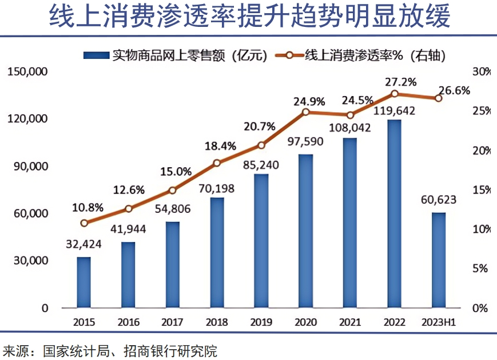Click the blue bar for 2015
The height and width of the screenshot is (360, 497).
pyautogui.click(x=84, y=283)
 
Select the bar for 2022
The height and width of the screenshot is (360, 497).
pyautogui.click(x=393, y=214)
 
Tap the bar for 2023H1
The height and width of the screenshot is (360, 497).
pyautogui.click(x=438, y=260)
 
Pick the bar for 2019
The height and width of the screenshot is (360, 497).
pyautogui.click(x=261, y=241)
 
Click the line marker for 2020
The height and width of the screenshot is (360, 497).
pyautogui.click(x=306, y=112)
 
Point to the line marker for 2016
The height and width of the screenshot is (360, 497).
pyautogui.click(x=129, y=209)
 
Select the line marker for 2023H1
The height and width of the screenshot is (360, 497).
pyautogui.click(x=438, y=98)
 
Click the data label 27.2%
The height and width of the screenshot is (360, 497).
pyautogui.click(x=394, y=81)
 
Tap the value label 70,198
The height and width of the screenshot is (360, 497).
pyautogui.click(x=217, y=187)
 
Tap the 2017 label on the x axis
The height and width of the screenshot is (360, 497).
pyautogui.click(x=173, y=322)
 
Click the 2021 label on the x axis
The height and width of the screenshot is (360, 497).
pyautogui.click(x=349, y=322)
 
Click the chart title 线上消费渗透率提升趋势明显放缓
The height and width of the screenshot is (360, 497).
pyautogui.click(x=249, y=17)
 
